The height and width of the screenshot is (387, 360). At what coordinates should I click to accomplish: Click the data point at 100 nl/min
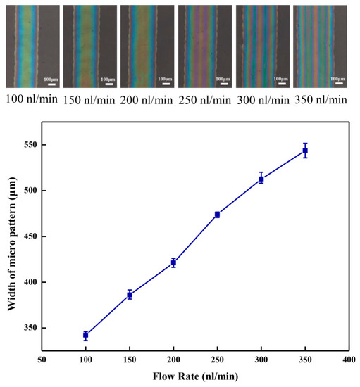click(x=85, y=336)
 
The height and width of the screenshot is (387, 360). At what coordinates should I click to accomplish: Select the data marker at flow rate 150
click(x=129, y=295)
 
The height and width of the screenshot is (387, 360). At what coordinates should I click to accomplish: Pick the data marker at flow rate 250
click(x=217, y=215)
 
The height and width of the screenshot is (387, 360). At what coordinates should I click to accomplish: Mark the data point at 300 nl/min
click(x=261, y=179)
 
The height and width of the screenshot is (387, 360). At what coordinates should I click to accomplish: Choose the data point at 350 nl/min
click(x=305, y=151)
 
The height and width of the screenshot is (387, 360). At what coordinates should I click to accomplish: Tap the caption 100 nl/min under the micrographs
click(x=32, y=99)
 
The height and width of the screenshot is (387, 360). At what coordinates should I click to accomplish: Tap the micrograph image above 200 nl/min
click(x=146, y=46)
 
